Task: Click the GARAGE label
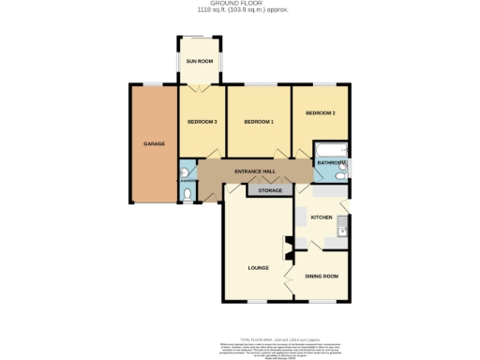coord(154,143)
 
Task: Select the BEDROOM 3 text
coord(202,122)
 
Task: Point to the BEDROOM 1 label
coord(258,122)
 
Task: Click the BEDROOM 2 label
coord(320,112)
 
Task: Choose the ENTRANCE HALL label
coord(253,172)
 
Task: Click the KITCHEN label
coord(322,217)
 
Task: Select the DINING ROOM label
coord(322,276)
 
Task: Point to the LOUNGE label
coord(259,267)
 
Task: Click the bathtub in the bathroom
coord(332,150)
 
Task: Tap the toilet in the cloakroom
coord(188,194)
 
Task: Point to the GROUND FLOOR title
coord(239,4)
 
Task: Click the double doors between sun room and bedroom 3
coord(199,85)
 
